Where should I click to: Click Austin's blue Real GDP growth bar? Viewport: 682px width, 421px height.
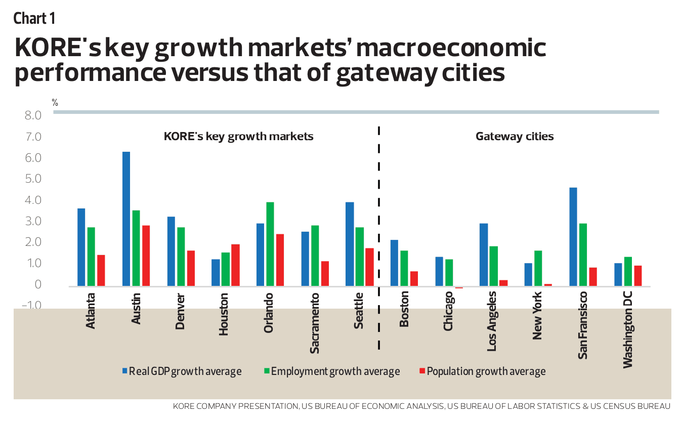pyautogui.click(x=126, y=219)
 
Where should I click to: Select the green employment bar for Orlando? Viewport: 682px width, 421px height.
pyautogui.click(x=270, y=244)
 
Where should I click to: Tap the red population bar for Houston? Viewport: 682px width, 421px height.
pyautogui.click(x=235, y=265)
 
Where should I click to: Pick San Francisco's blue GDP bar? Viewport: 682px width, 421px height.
pyautogui.click(x=573, y=237)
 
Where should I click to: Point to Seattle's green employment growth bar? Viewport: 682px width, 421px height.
pyautogui.click(x=360, y=257)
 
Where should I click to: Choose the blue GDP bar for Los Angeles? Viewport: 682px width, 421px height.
pyautogui.click(x=484, y=255)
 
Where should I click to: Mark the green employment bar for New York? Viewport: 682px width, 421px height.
pyautogui.click(x=538, y=268)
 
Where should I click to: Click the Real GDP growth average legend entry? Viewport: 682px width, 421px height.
pyautogui.click(x=181, y=371)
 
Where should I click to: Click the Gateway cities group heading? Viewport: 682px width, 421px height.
pyautogui.click(x=515, y=137)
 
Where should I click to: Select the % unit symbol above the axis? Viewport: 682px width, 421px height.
pyautogui.click(x=55, y=103)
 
